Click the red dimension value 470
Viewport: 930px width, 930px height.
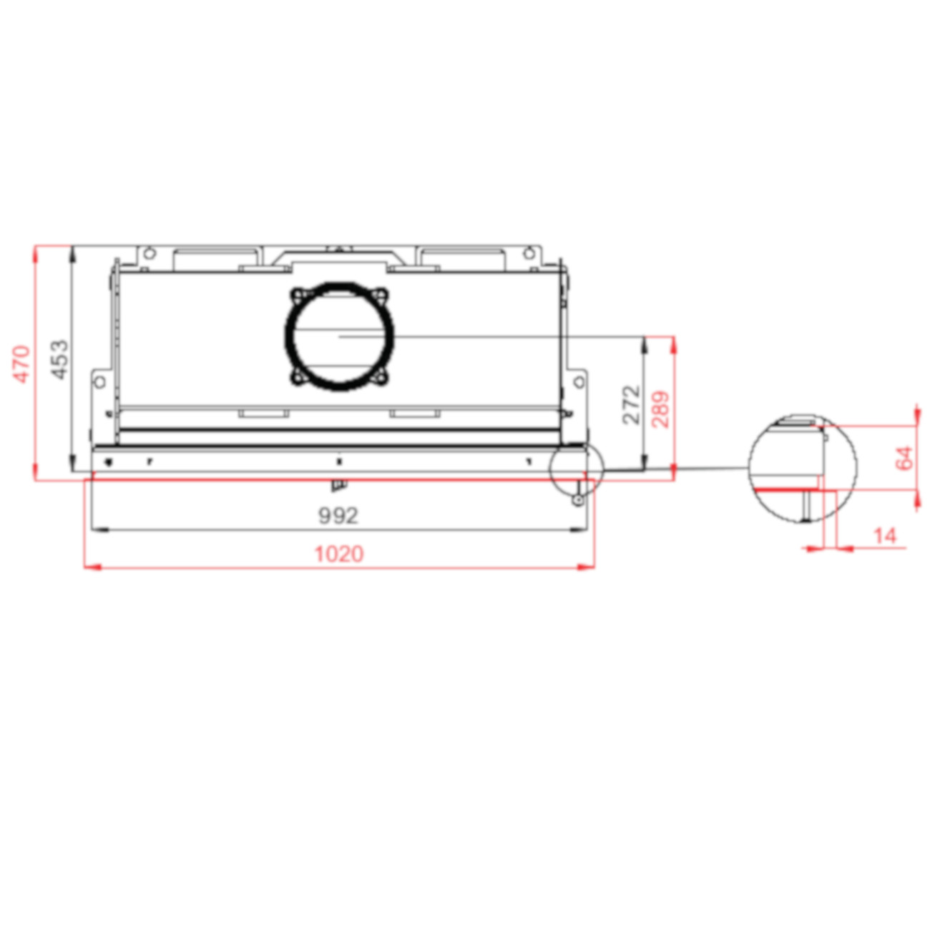tap(22, 363)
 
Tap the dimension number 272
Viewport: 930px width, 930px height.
tap(631, 404)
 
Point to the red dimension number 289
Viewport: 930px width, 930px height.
tap(662, 408)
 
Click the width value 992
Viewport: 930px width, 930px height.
tap(338, 516)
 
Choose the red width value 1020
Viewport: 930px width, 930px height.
tap(339, 554)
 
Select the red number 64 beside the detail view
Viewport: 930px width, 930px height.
tap(904, 458)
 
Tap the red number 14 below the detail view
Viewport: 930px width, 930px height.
tap(885, 536)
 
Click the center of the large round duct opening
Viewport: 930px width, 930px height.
tap(339, 335)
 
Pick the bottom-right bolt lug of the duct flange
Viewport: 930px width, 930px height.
tap(382, 377)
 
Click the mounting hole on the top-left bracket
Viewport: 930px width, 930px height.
tap(149, 253)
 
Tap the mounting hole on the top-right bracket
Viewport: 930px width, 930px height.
tap(529, 253)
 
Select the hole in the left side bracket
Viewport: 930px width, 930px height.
tap(99, 381)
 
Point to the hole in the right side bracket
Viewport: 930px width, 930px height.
tap(579, 381)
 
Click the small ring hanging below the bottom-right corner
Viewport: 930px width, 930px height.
tap(577, 500)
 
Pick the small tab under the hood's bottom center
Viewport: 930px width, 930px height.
tap(338, 486)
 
